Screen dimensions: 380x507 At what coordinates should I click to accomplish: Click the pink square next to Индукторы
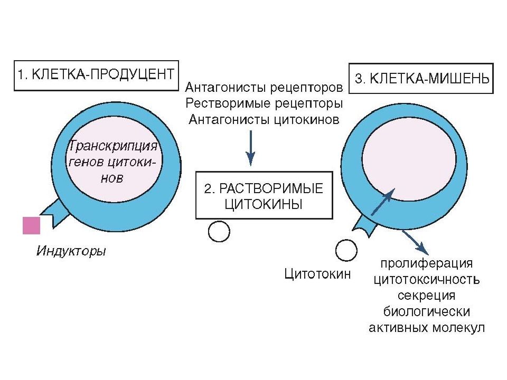pos(31,225)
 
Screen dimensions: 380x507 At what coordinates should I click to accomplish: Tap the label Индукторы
pos(71,251)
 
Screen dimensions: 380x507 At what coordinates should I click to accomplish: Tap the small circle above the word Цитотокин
pos(346,250)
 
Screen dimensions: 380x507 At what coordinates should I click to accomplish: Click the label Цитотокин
pos(317,274)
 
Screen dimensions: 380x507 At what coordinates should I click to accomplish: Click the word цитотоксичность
pos(427,279)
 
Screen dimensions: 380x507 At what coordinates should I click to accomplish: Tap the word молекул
pos(458,327)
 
